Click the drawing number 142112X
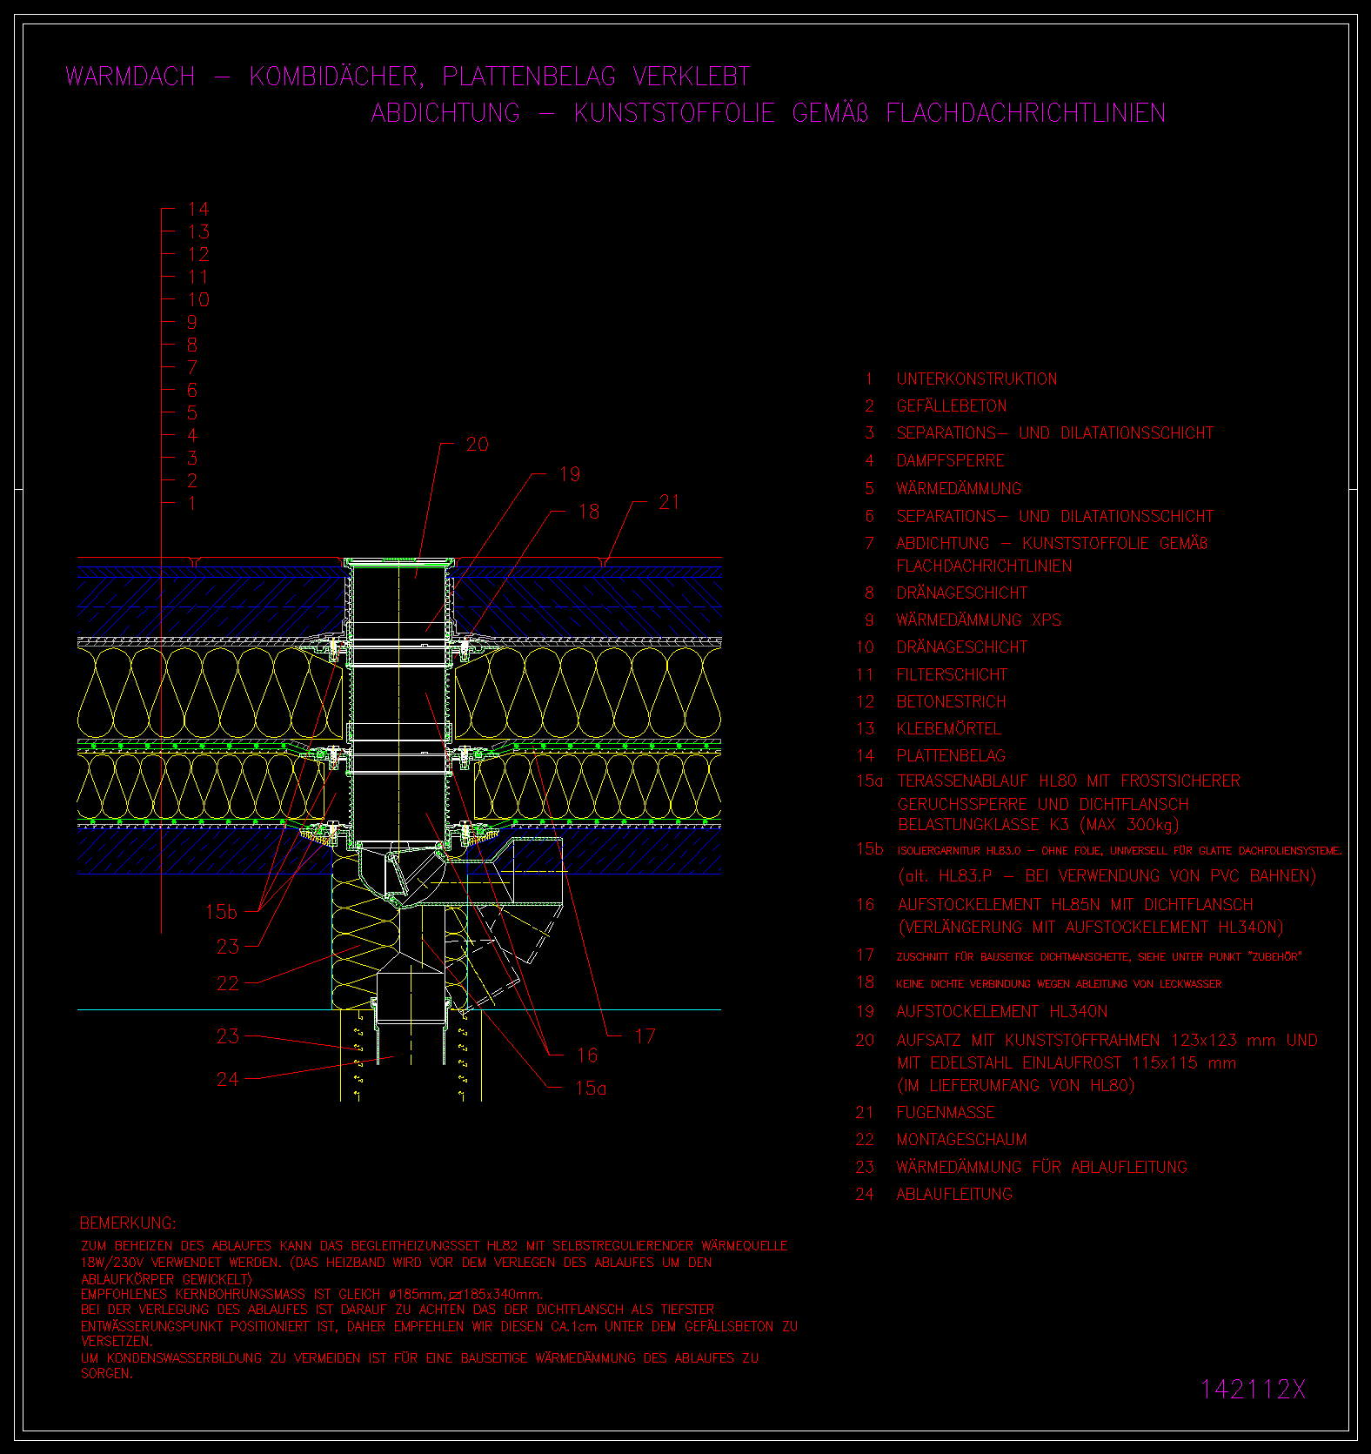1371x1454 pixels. [x=1253, y=1389]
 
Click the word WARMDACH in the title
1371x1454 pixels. [x=130, y=77]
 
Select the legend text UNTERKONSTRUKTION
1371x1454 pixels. [x=976, y=379]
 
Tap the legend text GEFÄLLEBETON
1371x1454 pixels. [x=951, y=405]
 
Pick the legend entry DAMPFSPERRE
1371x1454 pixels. [x=950, y=460]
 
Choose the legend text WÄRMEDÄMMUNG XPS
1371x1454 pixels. [x=978, y=620]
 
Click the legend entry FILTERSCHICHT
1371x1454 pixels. [x=952, y=674]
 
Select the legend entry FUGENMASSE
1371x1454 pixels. [x=945, y=1112]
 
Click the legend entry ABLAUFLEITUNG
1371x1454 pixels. [x=954, y=1194]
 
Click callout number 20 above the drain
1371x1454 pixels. [x=478, y=445]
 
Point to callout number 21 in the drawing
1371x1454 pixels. [x=669, y=502]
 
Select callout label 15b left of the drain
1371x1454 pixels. [x=221, y=911]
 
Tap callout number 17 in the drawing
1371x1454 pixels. [x=645, y=1035]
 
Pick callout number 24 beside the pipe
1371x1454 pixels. [x=228, y=1079]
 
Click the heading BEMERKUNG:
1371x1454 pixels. [x=128, y=1223]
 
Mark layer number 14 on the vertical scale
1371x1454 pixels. [x=198, y=209]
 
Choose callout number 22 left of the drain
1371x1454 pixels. [x=228, y=983]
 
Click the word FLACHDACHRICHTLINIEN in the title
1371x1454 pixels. [x=1026, y=113]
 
